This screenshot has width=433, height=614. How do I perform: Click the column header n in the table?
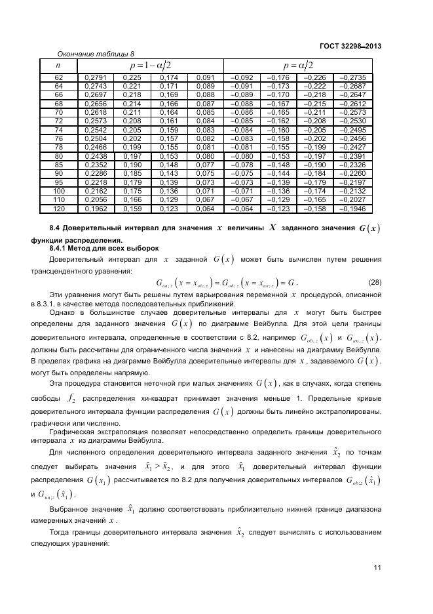coord(58,65)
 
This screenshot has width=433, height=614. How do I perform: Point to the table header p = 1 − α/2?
coord(151,66)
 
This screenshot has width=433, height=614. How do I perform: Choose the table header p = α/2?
coord(298,66)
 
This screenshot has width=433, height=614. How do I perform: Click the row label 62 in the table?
coord(58,78)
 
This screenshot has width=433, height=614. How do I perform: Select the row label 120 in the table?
coord(58,209)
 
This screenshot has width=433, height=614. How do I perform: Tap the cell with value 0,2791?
coord(96,78)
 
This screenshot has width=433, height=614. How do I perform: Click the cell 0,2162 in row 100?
coord(96,190)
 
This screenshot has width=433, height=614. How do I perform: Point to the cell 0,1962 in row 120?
coord(96,209)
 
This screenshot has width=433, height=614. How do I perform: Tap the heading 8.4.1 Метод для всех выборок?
coord(104,249)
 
